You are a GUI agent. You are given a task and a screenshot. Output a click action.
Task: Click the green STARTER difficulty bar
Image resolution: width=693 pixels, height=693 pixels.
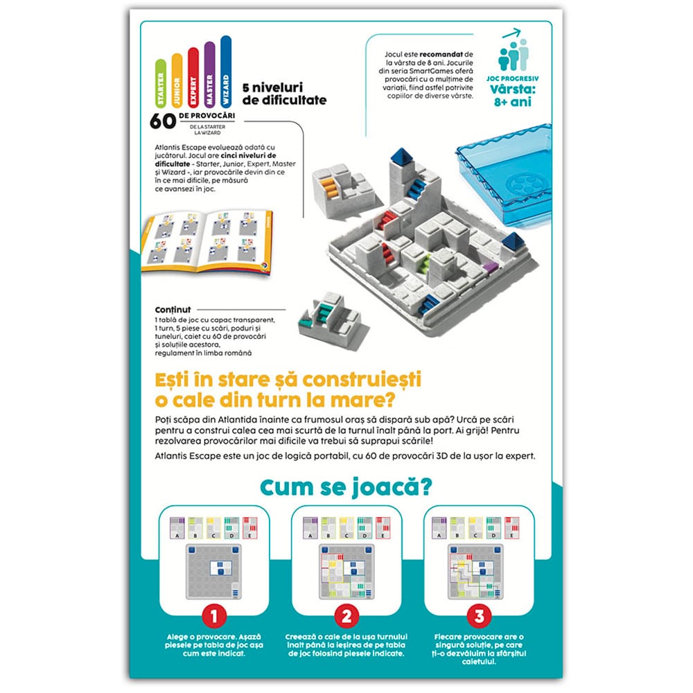pos(160,82)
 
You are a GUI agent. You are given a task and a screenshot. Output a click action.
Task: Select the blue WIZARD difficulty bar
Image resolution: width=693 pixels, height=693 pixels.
pos(225,73)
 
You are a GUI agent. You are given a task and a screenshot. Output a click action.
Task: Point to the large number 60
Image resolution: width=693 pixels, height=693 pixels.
pos(162,120)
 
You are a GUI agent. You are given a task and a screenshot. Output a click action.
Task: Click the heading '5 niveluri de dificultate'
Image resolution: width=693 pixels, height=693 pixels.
pos(284,94)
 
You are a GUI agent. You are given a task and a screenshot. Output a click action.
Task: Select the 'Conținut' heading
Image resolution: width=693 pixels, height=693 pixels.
pos(174,310)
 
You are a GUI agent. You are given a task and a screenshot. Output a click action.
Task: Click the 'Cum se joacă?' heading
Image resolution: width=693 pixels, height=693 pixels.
pos(346,486)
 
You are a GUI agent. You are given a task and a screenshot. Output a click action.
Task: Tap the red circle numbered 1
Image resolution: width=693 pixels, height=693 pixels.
pos(214,615)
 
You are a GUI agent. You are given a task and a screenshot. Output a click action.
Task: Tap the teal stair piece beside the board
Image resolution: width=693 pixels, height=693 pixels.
pos(328,323)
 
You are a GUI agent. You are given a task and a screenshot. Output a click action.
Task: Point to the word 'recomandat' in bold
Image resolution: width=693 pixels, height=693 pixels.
pos(438,53)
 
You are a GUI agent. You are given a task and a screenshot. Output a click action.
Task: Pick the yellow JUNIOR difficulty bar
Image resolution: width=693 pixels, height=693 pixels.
pos(176,80)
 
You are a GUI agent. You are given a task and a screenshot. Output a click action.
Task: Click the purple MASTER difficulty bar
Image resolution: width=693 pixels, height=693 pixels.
pos(209,75)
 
